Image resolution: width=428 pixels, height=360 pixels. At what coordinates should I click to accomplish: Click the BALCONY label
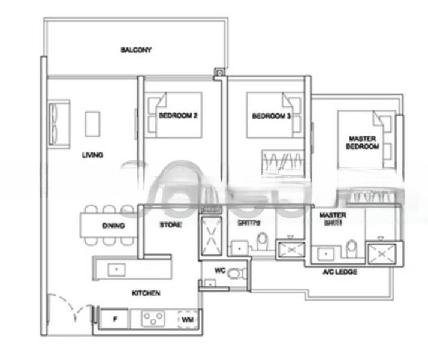point(136,50)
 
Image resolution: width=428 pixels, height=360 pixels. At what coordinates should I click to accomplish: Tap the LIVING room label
point(92,155)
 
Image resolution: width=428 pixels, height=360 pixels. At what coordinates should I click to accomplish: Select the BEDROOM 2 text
point(178,116)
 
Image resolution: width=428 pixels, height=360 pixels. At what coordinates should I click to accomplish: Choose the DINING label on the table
point(113,226)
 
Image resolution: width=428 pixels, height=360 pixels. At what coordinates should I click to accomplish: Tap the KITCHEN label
point(146,293)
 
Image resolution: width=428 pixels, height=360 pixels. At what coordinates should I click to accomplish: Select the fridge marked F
point(116,319)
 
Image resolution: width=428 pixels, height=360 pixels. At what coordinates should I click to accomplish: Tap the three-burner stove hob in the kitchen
point(153,319)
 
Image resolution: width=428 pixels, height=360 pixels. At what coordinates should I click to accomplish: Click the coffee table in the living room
point(93,124)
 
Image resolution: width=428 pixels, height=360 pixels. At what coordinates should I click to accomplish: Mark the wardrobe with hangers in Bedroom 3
point(283,160)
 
